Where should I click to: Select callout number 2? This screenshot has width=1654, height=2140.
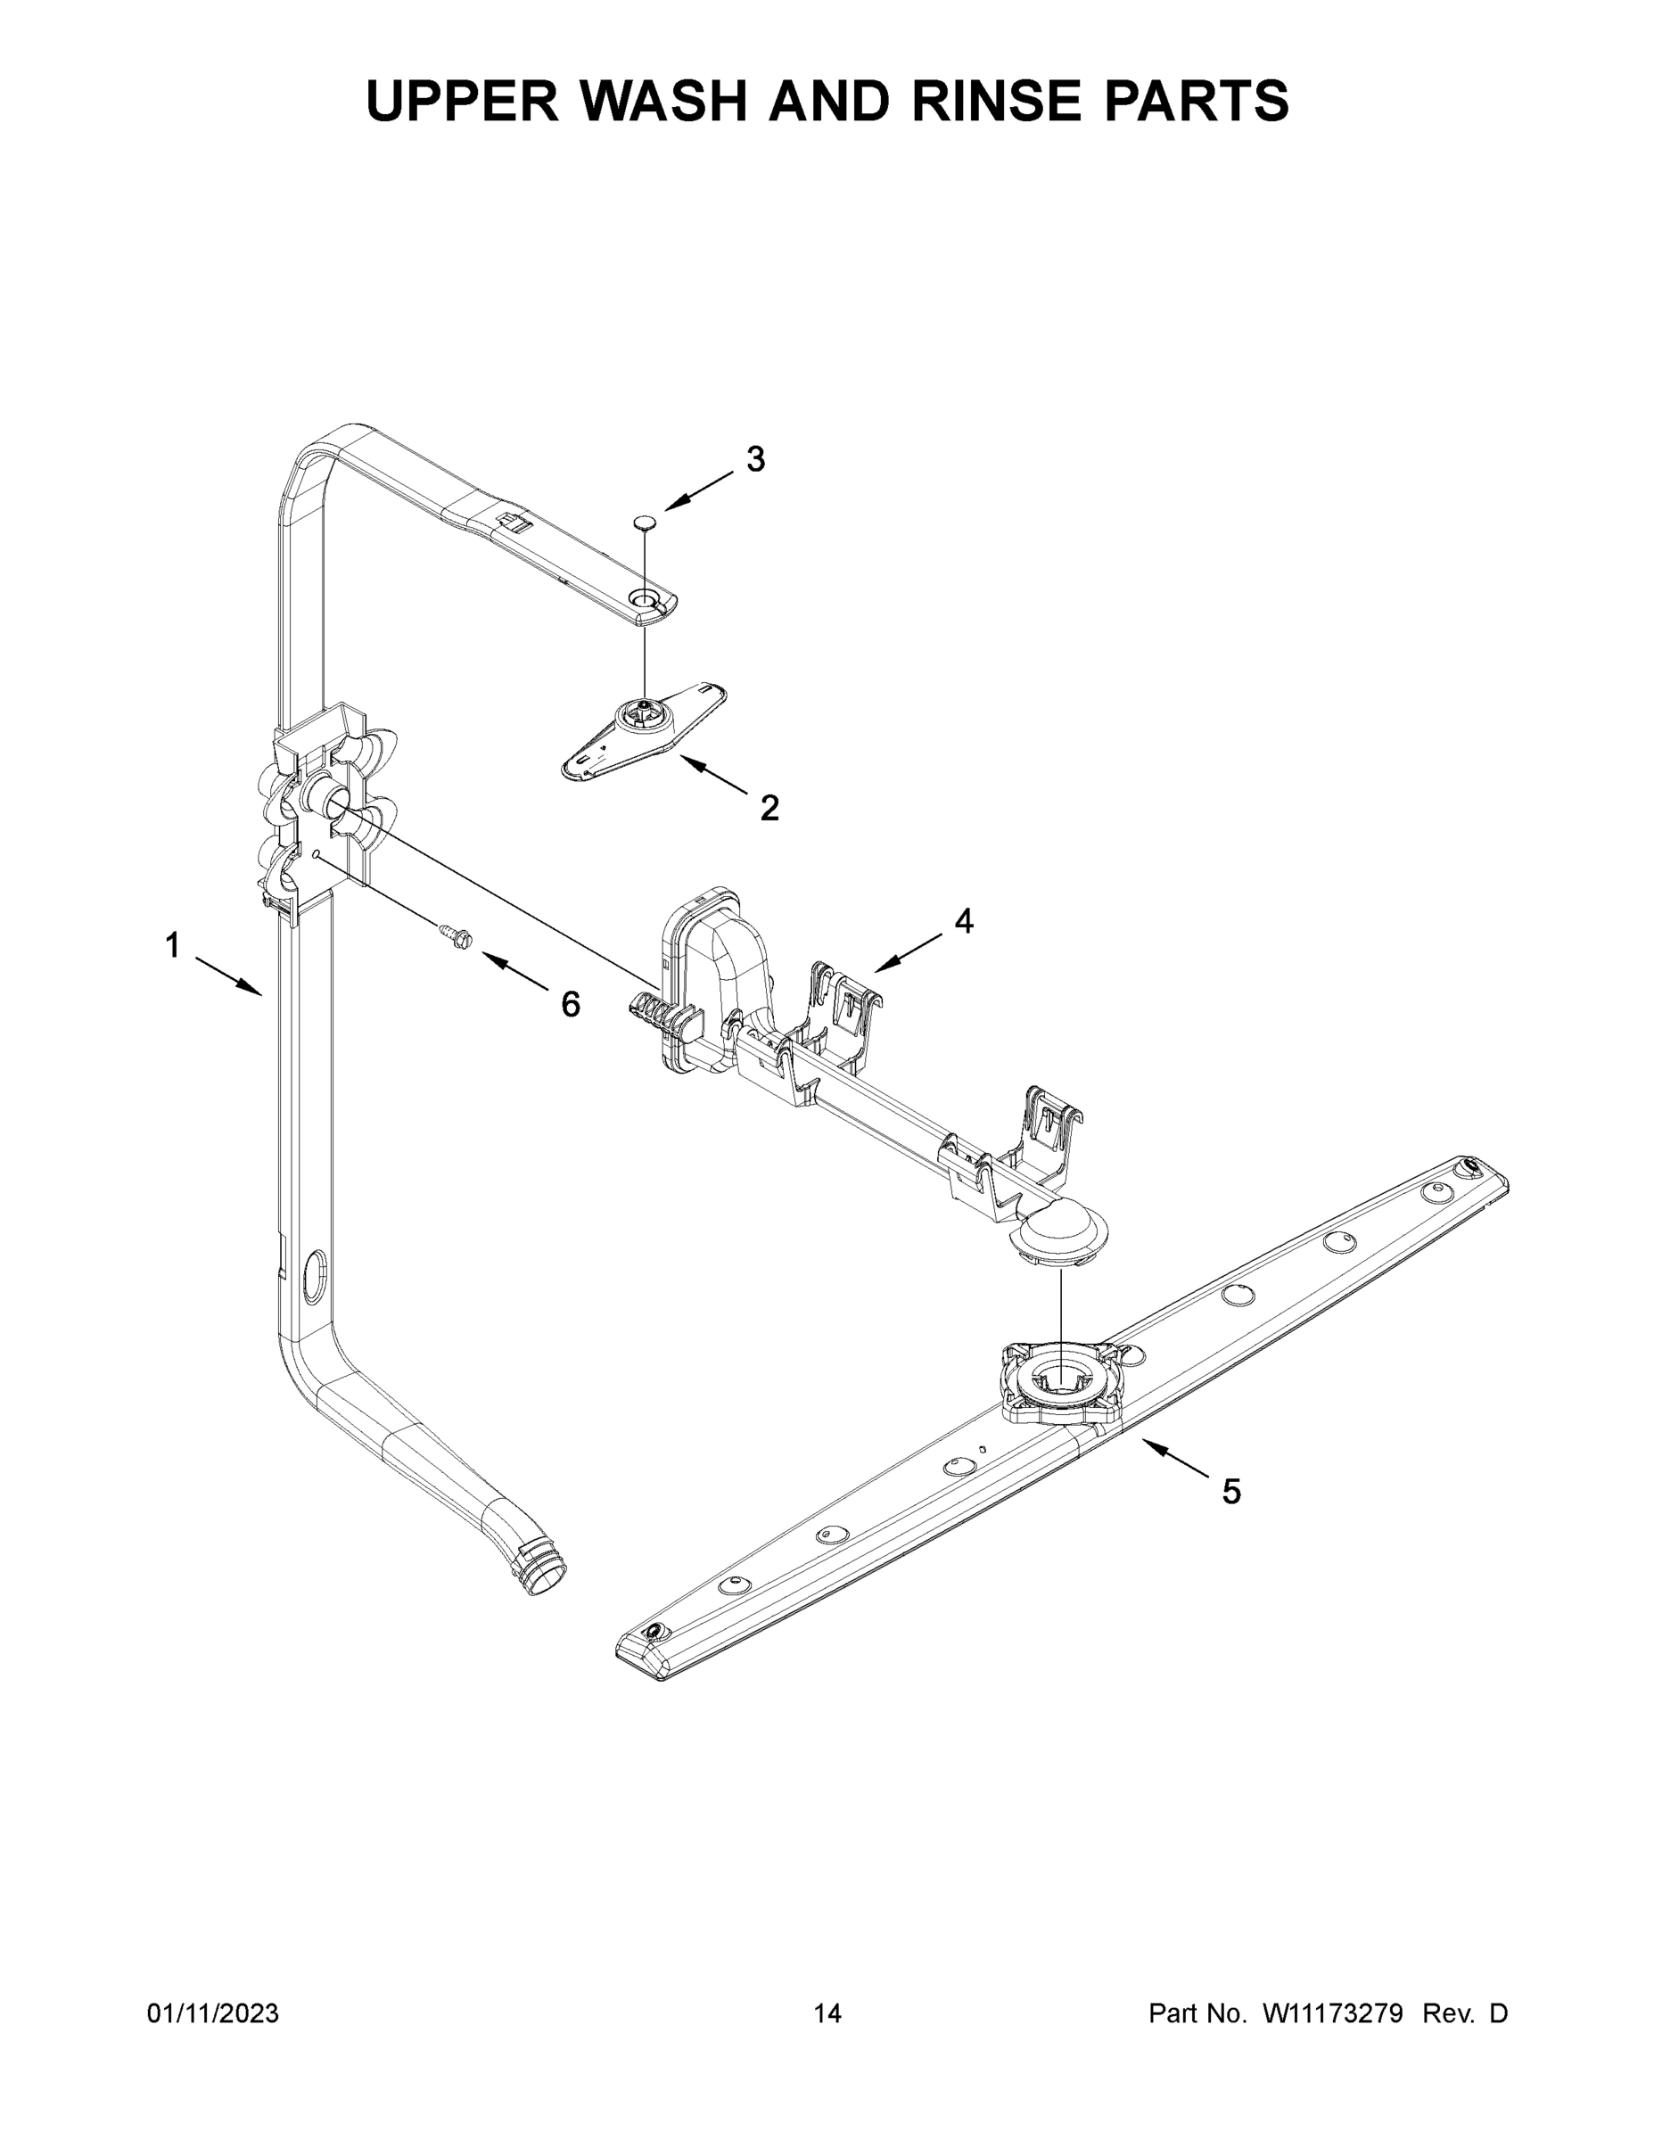pyautogui.click(x=770, y=809)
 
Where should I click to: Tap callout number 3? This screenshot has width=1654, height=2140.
pyautogui.click(x=755, y=458)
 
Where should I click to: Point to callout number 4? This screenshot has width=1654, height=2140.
pyautogui.click(x=964, y=920)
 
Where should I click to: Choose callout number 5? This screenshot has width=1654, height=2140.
pyautogui.click(x=1231, y=1492)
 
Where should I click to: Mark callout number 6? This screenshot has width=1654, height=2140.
pyautogui.click(x=571, y=1003)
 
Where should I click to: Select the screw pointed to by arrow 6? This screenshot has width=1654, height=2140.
pyautogui.click(x=455, y=934)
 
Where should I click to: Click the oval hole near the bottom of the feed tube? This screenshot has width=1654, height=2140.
pyautogui.click(x=316, y=1275)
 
